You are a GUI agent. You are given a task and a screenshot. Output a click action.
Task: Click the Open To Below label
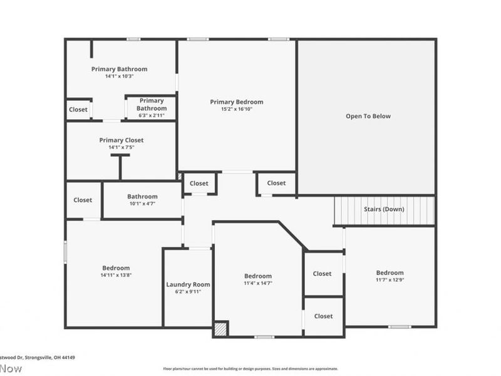pos(368,116)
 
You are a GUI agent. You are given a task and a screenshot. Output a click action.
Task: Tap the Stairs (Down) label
pos(384,209)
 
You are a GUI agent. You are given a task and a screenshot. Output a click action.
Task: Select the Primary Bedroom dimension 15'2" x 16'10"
pos(236,109)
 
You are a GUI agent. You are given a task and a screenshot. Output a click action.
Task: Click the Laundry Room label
pos(188,285)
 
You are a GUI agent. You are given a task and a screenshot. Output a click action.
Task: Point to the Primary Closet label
pos(121,140)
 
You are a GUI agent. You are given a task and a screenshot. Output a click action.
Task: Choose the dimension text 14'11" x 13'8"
pos(116,275)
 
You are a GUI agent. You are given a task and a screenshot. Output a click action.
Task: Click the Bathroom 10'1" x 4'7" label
pos(142,196)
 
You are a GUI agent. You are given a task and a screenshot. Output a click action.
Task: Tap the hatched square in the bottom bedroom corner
pos(220,329)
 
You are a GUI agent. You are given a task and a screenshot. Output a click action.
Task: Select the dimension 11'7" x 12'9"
pos(390,280)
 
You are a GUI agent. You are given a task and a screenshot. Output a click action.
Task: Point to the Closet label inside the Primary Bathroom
pos(78,109)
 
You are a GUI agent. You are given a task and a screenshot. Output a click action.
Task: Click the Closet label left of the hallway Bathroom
pos(83,200)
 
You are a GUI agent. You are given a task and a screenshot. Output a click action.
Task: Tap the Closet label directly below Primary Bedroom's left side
pos(199,183)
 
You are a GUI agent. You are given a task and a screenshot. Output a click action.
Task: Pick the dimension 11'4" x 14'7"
pos(258,283)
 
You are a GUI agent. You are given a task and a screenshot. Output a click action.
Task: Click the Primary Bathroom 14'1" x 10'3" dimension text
pos(119,76)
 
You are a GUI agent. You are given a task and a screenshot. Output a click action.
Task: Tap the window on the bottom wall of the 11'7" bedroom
pos(399,326)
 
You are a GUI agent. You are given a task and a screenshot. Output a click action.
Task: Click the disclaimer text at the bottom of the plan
pos(250,369)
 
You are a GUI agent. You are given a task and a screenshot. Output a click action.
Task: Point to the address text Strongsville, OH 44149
pos(38,358)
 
